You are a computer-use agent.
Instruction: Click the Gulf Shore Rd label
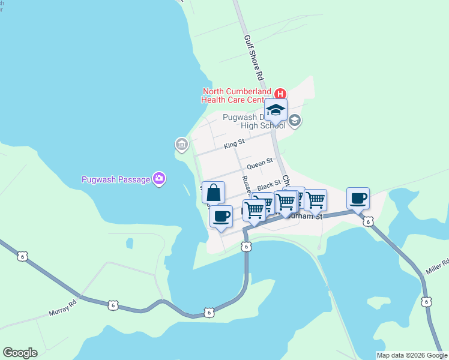(253, 58)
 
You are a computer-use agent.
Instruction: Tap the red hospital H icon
(280, 94)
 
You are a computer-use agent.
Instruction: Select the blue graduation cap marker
(276, 110)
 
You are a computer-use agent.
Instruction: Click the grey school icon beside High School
(294, 121)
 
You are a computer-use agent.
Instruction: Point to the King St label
(234, 143)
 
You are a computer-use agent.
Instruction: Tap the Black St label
(269, 183)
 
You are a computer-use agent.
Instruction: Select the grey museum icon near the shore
(181, 144)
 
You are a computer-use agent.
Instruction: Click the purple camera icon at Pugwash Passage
(159, 178)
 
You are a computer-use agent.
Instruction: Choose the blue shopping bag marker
(214, 193)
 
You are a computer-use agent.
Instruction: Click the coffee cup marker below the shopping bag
(221, 216)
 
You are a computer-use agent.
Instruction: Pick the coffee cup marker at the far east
(358, 199)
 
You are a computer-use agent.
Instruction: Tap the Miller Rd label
(437, 266)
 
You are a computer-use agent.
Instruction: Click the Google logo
(20, 353)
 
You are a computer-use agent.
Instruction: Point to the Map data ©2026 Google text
(412, 355)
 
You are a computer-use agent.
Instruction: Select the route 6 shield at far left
(22, 256)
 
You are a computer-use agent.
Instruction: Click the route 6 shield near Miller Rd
(426, 301)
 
